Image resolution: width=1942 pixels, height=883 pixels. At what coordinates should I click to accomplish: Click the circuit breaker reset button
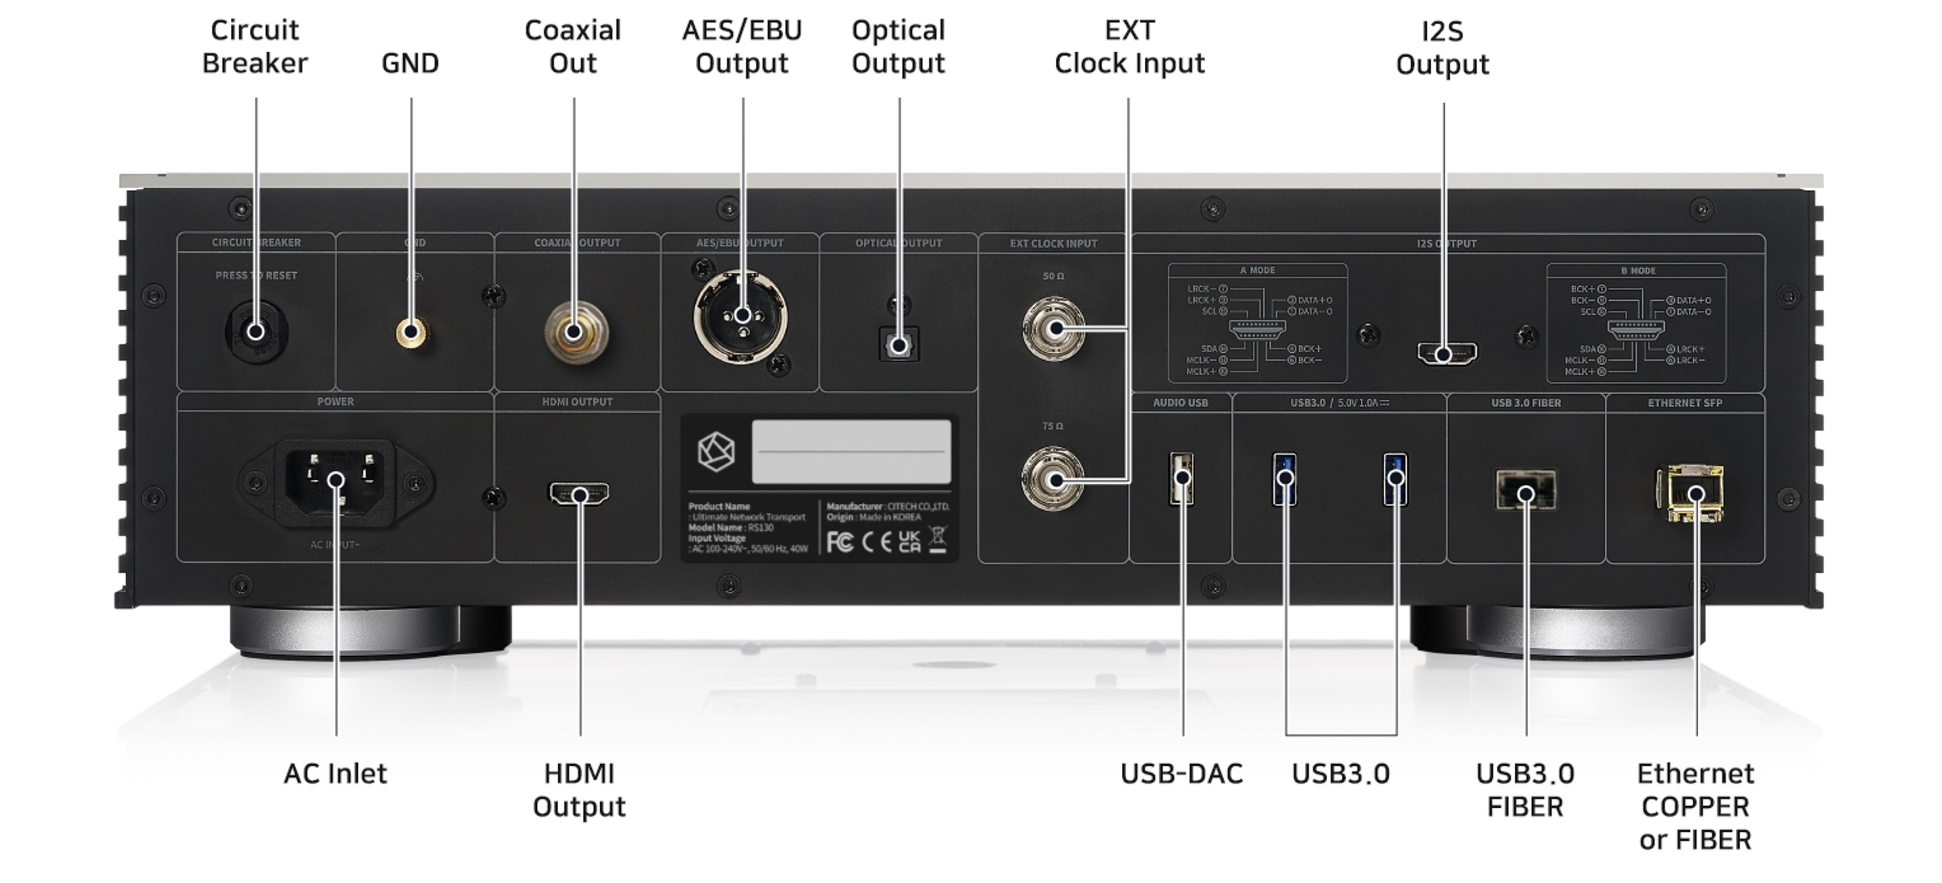(256, 332)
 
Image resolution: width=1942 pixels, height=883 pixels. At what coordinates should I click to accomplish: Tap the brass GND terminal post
(411, 332)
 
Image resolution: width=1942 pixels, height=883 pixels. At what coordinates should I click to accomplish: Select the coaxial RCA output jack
(575, 332)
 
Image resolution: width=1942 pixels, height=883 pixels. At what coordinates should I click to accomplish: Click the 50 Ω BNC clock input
(1055, 329)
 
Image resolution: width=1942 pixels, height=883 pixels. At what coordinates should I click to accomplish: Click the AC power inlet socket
(336, 480)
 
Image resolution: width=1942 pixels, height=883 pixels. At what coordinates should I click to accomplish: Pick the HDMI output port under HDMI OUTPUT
(579, 494)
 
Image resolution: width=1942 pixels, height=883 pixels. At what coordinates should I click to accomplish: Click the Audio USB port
(1182, 478)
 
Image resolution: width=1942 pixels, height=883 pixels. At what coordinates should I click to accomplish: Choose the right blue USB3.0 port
(1395, 478)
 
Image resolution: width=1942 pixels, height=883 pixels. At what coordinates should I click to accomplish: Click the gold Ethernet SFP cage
(1690, 493)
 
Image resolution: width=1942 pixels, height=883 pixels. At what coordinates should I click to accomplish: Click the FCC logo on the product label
(839, 542)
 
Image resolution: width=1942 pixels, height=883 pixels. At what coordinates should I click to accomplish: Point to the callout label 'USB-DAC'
(1182, 773)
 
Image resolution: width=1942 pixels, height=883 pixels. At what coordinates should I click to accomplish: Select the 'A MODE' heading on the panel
(1257, 270)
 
